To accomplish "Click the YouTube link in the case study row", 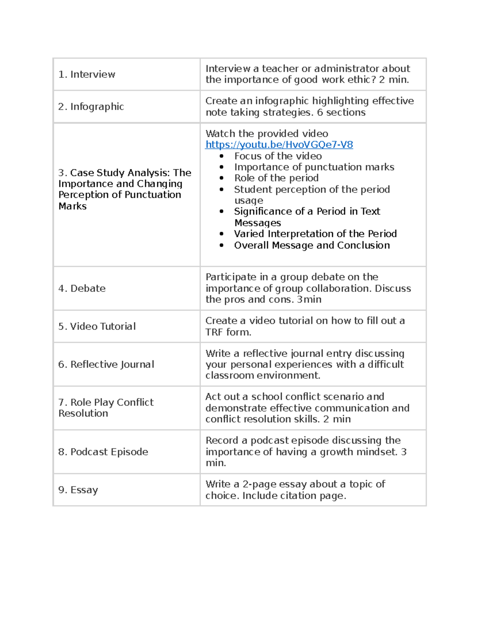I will (279, 145).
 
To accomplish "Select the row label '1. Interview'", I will (86, 74).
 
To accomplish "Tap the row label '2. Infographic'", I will (91, 107).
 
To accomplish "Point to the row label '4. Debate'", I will (82, 289).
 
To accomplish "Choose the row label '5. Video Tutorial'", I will (97, 326).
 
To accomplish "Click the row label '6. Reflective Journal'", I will (106, 364).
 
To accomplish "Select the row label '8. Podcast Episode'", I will (103, 452).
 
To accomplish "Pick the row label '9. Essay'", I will (78, 490).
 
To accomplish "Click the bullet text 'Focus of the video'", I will (278, 156).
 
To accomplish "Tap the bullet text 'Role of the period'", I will (276, 178).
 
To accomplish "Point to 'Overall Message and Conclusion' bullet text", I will (312, 245).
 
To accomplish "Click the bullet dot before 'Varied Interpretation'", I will (222, 234).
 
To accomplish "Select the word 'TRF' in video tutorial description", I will (214, 332).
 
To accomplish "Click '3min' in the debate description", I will (309, 300).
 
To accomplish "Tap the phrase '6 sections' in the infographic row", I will (341, 112).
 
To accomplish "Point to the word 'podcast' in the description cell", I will (269, 441).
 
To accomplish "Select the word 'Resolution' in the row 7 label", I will (83, 413).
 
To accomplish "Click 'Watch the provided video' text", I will (267, 134).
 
